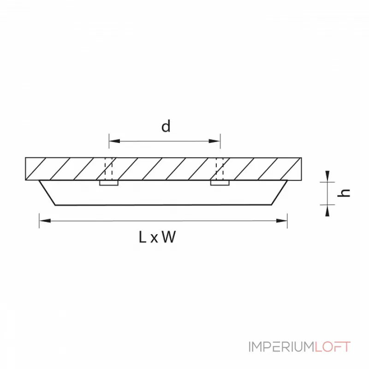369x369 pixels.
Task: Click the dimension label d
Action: (x=166, y=126)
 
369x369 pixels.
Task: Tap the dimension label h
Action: (x=343, y=193)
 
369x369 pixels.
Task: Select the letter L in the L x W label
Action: (x=143, y=237)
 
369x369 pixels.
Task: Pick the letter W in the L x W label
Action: (x=169, y=237)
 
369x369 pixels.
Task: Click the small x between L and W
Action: (x=154, y=238)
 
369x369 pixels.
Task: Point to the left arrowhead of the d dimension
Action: (x=114, y=141)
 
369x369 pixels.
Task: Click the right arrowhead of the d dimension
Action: (x=214, y=141)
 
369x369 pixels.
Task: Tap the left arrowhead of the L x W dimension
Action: (x=45, y=220)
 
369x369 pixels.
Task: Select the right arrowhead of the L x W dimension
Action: (x=281, y=221)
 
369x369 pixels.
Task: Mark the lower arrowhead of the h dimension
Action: (x=327, y=210)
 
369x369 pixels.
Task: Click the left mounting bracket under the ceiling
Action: (x=109, y=183)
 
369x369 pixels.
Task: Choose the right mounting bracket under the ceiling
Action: (x=220, y=183)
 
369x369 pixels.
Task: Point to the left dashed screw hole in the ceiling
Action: (x=109, y=169)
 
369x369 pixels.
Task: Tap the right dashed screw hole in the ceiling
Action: (x=220, y=169)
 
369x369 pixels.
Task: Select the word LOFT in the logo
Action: (x=333, y=347)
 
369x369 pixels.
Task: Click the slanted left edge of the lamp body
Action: (x=48, y=193)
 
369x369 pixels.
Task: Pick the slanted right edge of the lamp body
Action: (x=280, y=193)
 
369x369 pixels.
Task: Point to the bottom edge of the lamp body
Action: (x=164, y=205)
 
